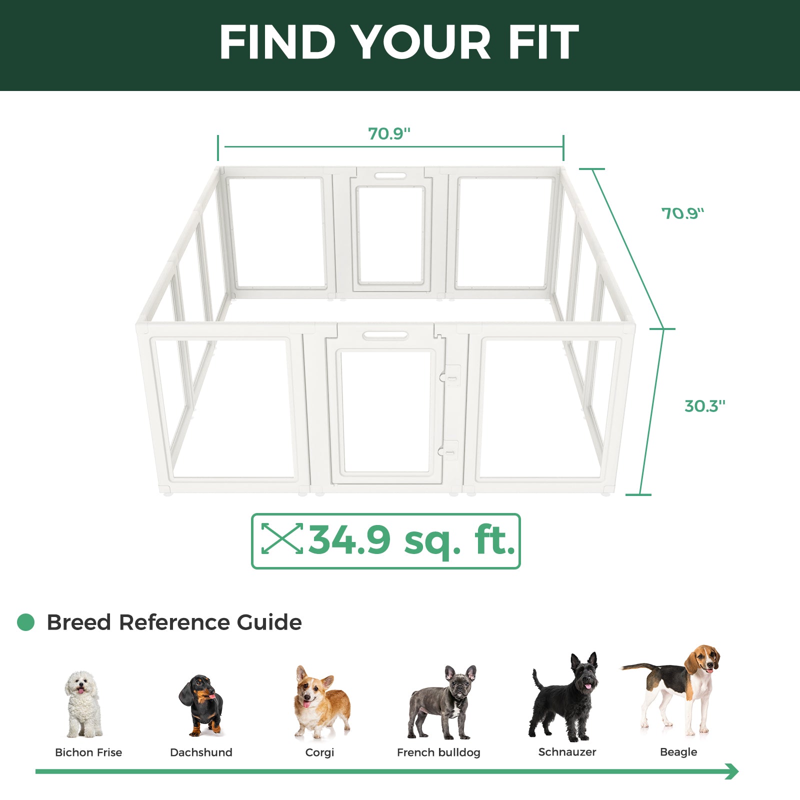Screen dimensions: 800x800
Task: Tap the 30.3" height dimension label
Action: [x=704, y=406]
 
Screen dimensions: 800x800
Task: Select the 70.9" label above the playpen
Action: [x=389, y=134]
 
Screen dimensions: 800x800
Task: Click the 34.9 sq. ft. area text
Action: [x=411, y=540]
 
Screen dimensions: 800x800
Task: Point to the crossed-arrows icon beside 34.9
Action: [x=282, y=538]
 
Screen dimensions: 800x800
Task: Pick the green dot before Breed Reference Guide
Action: [x=26, y=622]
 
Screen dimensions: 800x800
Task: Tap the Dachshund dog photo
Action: [x=202, y=705]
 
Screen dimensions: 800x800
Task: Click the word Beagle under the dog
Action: [x=678, y=752]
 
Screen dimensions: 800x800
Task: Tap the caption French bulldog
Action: [x=438, y=752]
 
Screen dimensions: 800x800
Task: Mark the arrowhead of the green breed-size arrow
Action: [x=732, y=771]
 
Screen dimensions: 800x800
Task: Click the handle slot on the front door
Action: [x=385, y=335]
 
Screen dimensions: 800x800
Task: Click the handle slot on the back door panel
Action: [x=391, y=176]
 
